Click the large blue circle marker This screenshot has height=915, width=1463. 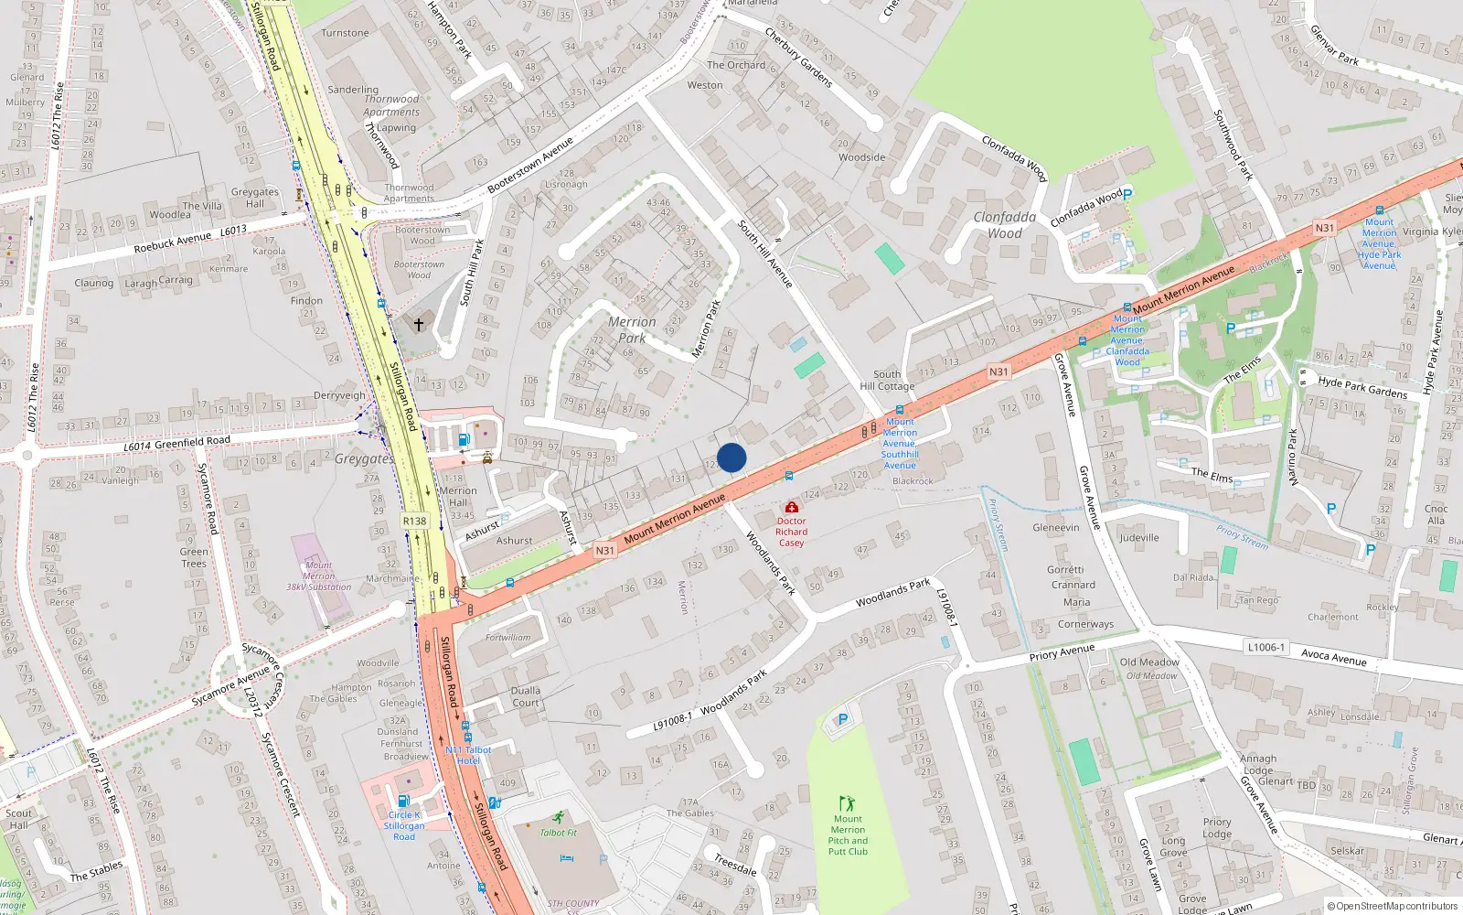[731, 457]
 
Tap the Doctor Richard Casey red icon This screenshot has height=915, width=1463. [792, 507]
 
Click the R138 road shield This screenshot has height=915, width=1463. [414, 521]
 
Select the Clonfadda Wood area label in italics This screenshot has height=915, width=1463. [1004, 225]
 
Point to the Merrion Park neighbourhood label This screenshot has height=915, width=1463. [632, 330]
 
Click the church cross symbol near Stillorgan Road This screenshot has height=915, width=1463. [419, 324]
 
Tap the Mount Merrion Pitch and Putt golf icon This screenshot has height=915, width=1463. [848, 803]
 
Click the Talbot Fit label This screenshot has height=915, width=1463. [559, 833]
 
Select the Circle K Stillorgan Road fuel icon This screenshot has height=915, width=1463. [403, 801]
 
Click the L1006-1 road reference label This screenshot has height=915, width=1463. [1265, 647]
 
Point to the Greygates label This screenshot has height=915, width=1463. [364, 459]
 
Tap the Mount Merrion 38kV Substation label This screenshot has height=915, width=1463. [318, 576]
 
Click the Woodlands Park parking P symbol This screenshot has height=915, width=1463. [843, 720]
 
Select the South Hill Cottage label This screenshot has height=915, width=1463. [886, 380]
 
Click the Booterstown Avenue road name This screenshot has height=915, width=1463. [530, 165]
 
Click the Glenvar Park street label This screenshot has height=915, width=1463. [1334, 45]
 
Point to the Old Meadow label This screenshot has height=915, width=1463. [1149, 662]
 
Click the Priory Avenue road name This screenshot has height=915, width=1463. [1062, 652]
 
